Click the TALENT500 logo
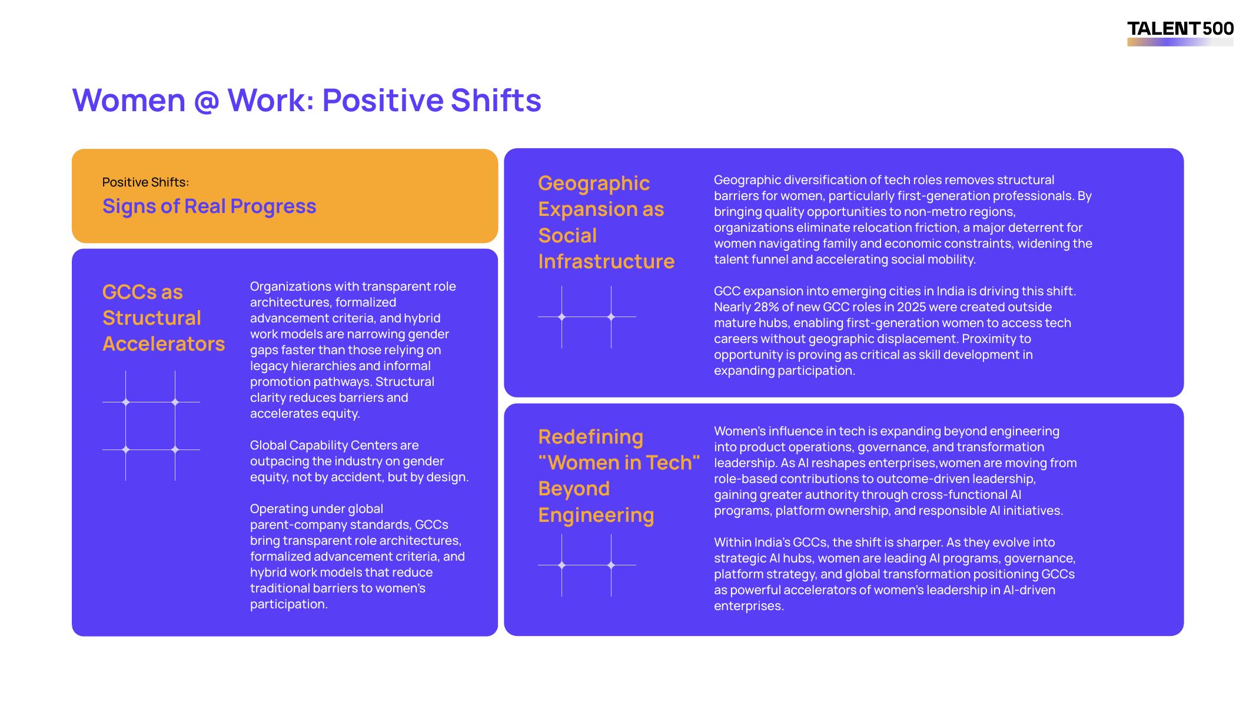pyautogui.click(x=1180, y=33)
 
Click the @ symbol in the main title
pyautogui.click(x=207, y=101)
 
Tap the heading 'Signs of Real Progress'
pyautogui.click(x=209, y=206)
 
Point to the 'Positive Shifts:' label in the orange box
pyautogui.click(x=145, y=182)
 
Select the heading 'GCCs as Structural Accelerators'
pyautogui.click(x=164, y=318)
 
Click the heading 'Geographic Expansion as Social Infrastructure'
pyautogui.click(x=606, y=222)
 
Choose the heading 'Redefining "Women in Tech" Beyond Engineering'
pyautogui.click(x=619, y=475)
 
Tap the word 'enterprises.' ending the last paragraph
pyautogui.click(x=749, y=606)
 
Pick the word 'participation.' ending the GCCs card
pyautogui.click(x=288, y=604)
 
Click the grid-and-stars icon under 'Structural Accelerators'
pyautogui.click(x=151, y=426)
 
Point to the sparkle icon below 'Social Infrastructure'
pyautogui.click(x=587, y=317)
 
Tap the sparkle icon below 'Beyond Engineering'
pyautogui.click(x=587, y=565)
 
